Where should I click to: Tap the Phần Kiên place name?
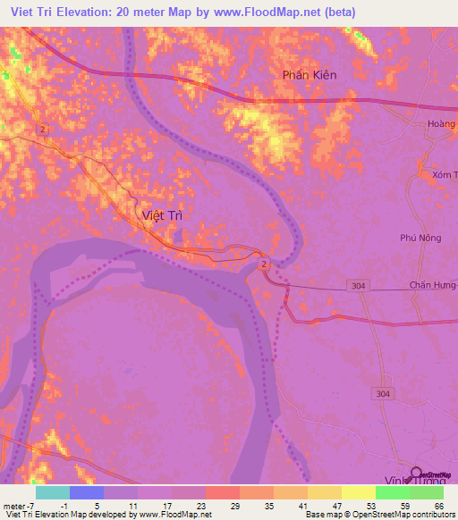tap(310, 75)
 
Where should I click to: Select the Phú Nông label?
tap(421, 238)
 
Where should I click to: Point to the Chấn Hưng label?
tap(433, 284)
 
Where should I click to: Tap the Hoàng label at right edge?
tap(442, 125)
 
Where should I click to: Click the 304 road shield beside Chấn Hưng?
tap(358, 284)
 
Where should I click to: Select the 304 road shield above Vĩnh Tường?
tap(383, 392)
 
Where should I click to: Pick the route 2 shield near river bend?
tap(264, 266)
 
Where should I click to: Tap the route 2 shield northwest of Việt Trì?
tap(42, 130)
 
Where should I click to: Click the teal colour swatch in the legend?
tap(52, 492)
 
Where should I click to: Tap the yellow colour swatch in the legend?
tap(358, 492)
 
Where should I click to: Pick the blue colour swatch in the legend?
tap(86, 492)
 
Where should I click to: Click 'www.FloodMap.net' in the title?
tap(267, 13)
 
